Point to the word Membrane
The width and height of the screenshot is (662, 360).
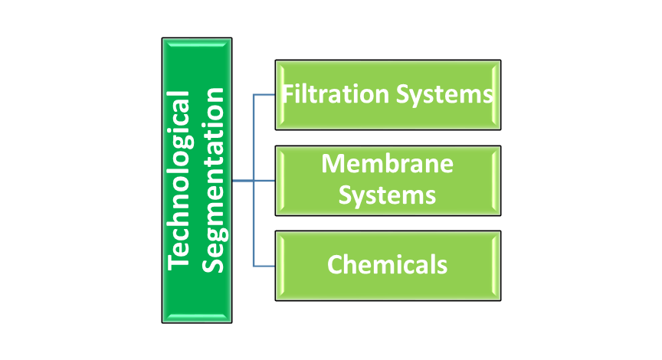(387, 163)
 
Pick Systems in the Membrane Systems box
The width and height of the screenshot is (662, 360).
(387, 195)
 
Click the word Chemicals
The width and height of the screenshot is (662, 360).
(387, 264)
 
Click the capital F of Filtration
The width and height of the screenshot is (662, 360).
(288, 95)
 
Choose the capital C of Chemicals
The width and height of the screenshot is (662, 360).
(335, 265)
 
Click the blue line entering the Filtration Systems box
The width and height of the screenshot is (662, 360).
(265, 96)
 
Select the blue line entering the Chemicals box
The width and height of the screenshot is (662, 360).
(265, 266)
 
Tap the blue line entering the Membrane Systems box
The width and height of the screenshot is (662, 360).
(265, 181)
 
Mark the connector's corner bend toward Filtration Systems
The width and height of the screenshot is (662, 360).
(254, 96)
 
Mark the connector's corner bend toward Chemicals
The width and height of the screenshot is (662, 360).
(254, 266)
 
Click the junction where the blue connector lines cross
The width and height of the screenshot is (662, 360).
(254, 181)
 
